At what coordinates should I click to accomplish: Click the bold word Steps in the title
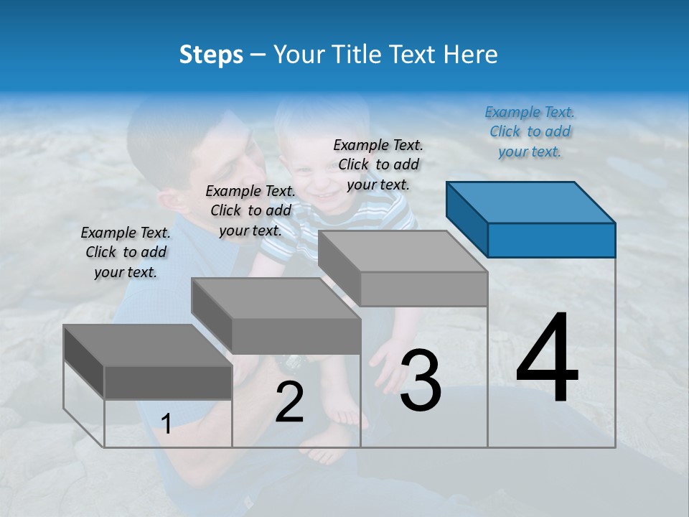click(x=211, y=55)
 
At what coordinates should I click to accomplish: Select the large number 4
click(x=547, y=359)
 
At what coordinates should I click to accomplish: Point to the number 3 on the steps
click(x=421, y=381)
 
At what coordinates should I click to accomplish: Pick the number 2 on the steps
click(x=289, y=402)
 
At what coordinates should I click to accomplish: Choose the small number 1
click(x=167, y=424)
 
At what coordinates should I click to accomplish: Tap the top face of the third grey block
click(x=402, y=251)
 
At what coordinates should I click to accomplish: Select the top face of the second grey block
click(x=276, y=299)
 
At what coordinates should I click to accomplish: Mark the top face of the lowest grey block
click(x=147, y=345)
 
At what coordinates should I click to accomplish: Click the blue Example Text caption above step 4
click(x=530, y=131)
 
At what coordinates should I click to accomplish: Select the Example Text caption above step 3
click(x=378, y=164)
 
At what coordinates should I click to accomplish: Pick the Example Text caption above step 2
click(x=250, y=210)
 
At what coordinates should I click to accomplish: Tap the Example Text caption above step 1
click(x=126, y=252)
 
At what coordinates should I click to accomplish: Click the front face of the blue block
click(x=551, y=240)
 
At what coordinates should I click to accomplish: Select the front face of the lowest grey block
click(x=168, y=382)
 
